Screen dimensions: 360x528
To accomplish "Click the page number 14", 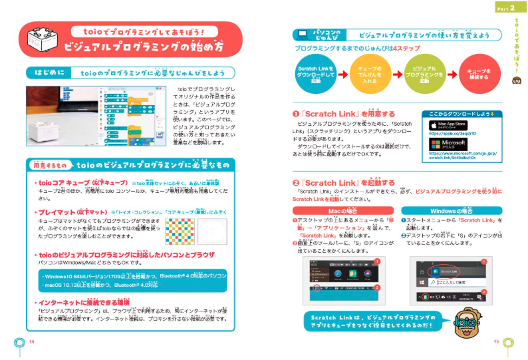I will (x=31, y=341).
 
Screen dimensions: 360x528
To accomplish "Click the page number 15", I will (x=496, y=341).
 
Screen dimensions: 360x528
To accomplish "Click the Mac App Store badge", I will (x=448, y=125).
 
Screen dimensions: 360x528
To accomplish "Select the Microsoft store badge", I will (x=448, y=143).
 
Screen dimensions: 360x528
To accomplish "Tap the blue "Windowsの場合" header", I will (x=452, y=211).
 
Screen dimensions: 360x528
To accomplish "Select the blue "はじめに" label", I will (x=46, y=73).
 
